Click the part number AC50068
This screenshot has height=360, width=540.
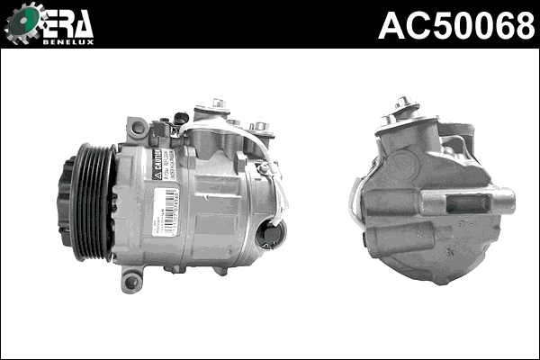tap(456, 25)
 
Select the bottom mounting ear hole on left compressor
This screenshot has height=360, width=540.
tap(132, 283)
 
